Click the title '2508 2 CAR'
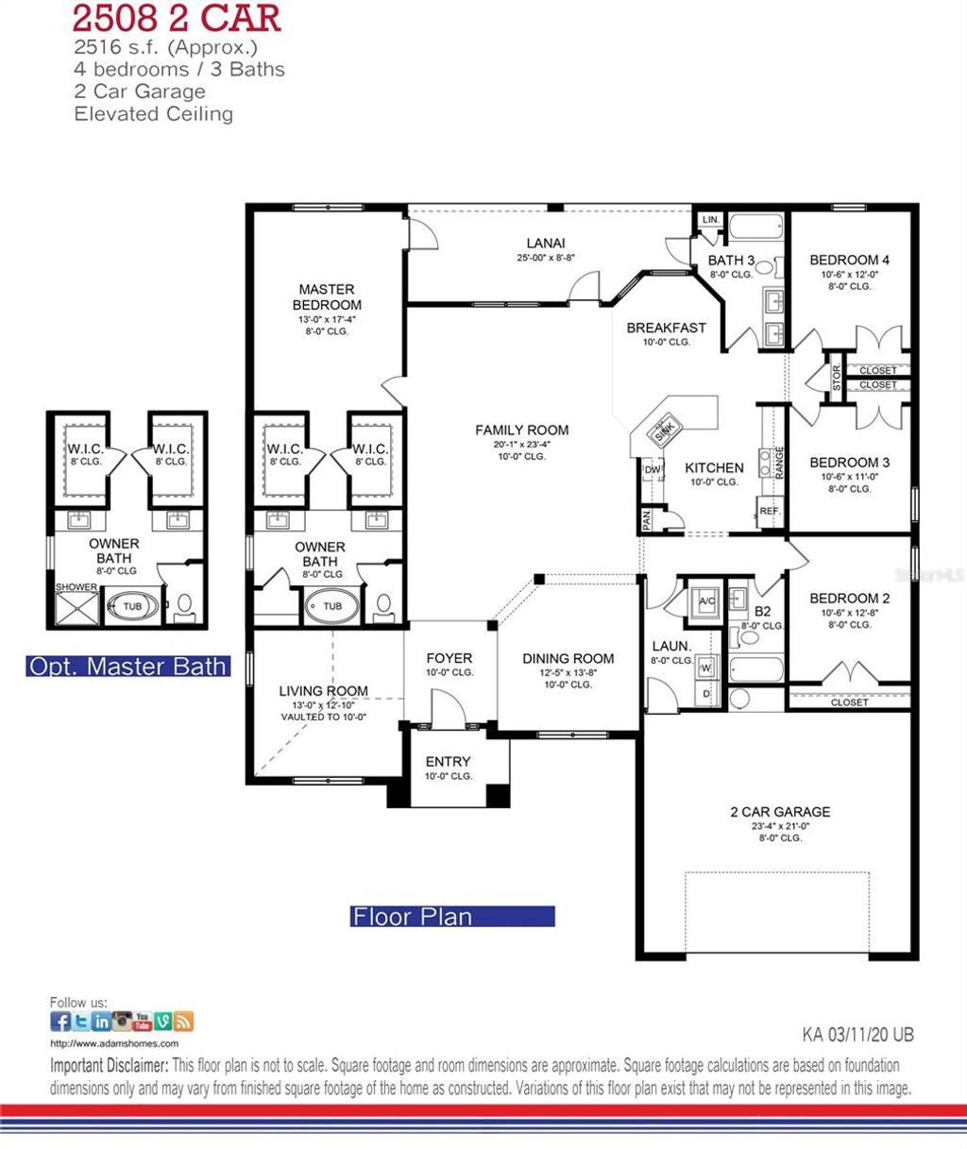pyautogui.click(x=177, y=20)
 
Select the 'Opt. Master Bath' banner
pyautogui.click(x=127, y=666)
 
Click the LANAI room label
pyautogui.click(x=546, y=244)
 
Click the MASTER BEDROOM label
pyautogui.click(x=327, y=297)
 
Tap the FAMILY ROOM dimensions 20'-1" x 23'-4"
pyautogui.click(x=521, y=445)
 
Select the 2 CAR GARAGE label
pyautogui.click(x=780, y=811)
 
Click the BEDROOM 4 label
pyautogui.click(x=849, y=260)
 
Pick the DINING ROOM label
pyautogui.click(x=568, y=658)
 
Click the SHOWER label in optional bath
pyautogui.click(x=76, y=587)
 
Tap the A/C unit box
pyautogui.click(x=706, y=600)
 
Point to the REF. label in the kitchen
pyautogui.click(x=770, y=511)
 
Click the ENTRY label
pyautogui.click(x=448, y=761)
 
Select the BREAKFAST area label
pyautogui.click(x=666, y=328)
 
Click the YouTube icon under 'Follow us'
pyautogui.click(x=143, y=1021)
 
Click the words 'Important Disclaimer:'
pyautogui.click(x=109, y=1066)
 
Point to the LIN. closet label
pyautogui.click(x=710, y=220)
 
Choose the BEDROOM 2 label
pyautogui.click(x=849, y=598)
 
